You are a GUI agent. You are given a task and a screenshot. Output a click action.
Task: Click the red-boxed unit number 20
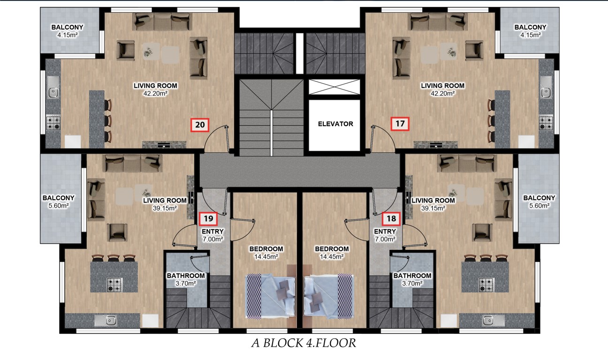click(200, 125)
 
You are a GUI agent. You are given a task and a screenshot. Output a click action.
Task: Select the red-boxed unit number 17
click(400, 124)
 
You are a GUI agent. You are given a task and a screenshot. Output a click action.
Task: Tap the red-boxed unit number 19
click(208, 218)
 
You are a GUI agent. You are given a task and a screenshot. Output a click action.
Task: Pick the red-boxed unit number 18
click(391, 218)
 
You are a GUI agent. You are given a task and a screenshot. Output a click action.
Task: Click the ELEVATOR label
click(335, 124)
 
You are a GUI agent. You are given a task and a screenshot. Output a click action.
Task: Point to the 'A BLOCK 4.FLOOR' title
click(304, 343)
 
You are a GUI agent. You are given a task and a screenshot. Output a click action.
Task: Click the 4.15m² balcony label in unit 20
click(67, 31)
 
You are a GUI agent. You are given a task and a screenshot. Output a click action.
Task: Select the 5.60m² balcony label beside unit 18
click(539, 202)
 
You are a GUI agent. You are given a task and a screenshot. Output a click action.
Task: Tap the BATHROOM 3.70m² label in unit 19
click(186, 279)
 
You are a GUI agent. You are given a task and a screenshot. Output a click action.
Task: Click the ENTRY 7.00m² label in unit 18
click(385, 235)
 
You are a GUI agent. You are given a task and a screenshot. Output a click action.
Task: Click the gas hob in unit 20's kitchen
click(53, 123)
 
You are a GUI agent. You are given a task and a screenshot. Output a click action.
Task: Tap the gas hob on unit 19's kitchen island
click(114, 285)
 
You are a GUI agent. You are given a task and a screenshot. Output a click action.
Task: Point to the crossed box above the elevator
click(334, 87)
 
